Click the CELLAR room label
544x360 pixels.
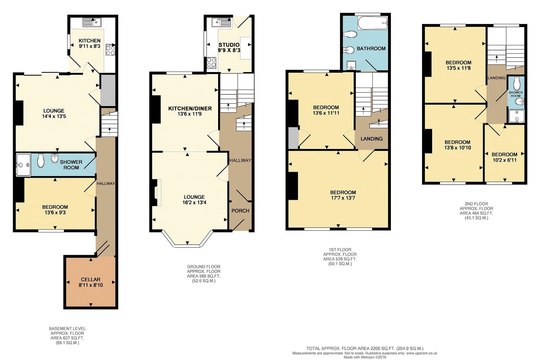coord(91,279)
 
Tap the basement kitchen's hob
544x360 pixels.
coord(110,50)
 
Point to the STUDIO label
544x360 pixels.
coord(229,45)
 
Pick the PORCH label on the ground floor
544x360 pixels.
coord(240,211)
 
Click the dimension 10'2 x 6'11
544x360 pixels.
coord(504,160)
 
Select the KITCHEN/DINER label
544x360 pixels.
coord(190,109)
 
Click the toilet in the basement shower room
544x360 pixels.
coord(41,161)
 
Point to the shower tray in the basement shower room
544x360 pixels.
coord(24,165)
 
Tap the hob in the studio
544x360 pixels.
coord(211,62)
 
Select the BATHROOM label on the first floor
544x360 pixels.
coord(371,49)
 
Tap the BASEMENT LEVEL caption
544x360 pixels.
coord(67,328)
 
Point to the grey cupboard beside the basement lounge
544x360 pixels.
coord(108,90)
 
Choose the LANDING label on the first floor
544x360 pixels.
coord(372,139)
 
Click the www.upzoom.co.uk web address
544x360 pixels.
coord(419,353)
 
